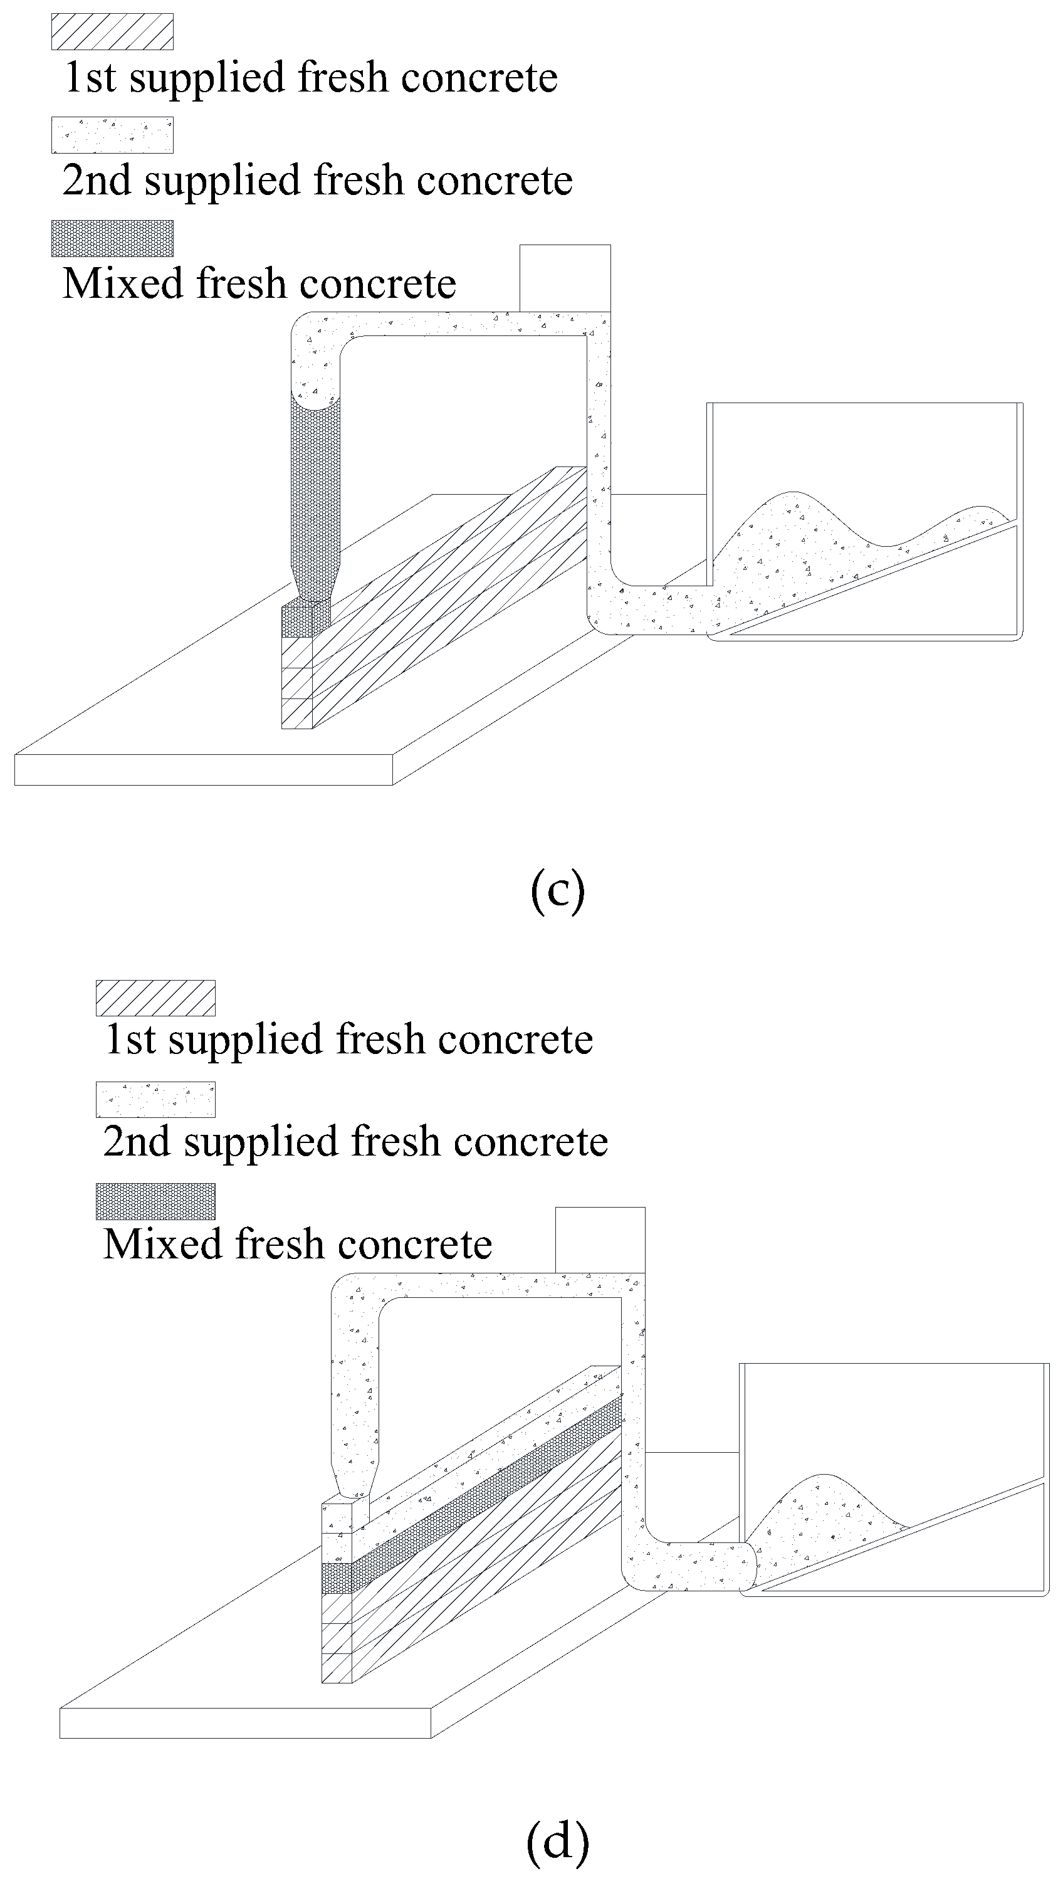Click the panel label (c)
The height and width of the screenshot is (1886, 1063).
(557, 890)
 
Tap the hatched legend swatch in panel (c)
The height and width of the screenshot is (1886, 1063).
(112, 32)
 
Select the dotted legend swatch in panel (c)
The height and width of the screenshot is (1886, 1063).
(112, 135)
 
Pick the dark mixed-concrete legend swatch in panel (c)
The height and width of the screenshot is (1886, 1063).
(112, 239)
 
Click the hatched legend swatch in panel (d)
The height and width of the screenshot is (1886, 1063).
(155, 998)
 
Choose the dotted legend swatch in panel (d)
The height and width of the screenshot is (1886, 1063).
(155, 1100)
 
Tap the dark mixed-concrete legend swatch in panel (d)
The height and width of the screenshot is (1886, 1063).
(155, 1201)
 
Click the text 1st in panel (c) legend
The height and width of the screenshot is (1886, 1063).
(90, 78)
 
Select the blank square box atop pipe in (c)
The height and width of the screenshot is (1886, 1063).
(565, 278)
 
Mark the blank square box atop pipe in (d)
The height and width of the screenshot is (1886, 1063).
(600, 1240)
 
